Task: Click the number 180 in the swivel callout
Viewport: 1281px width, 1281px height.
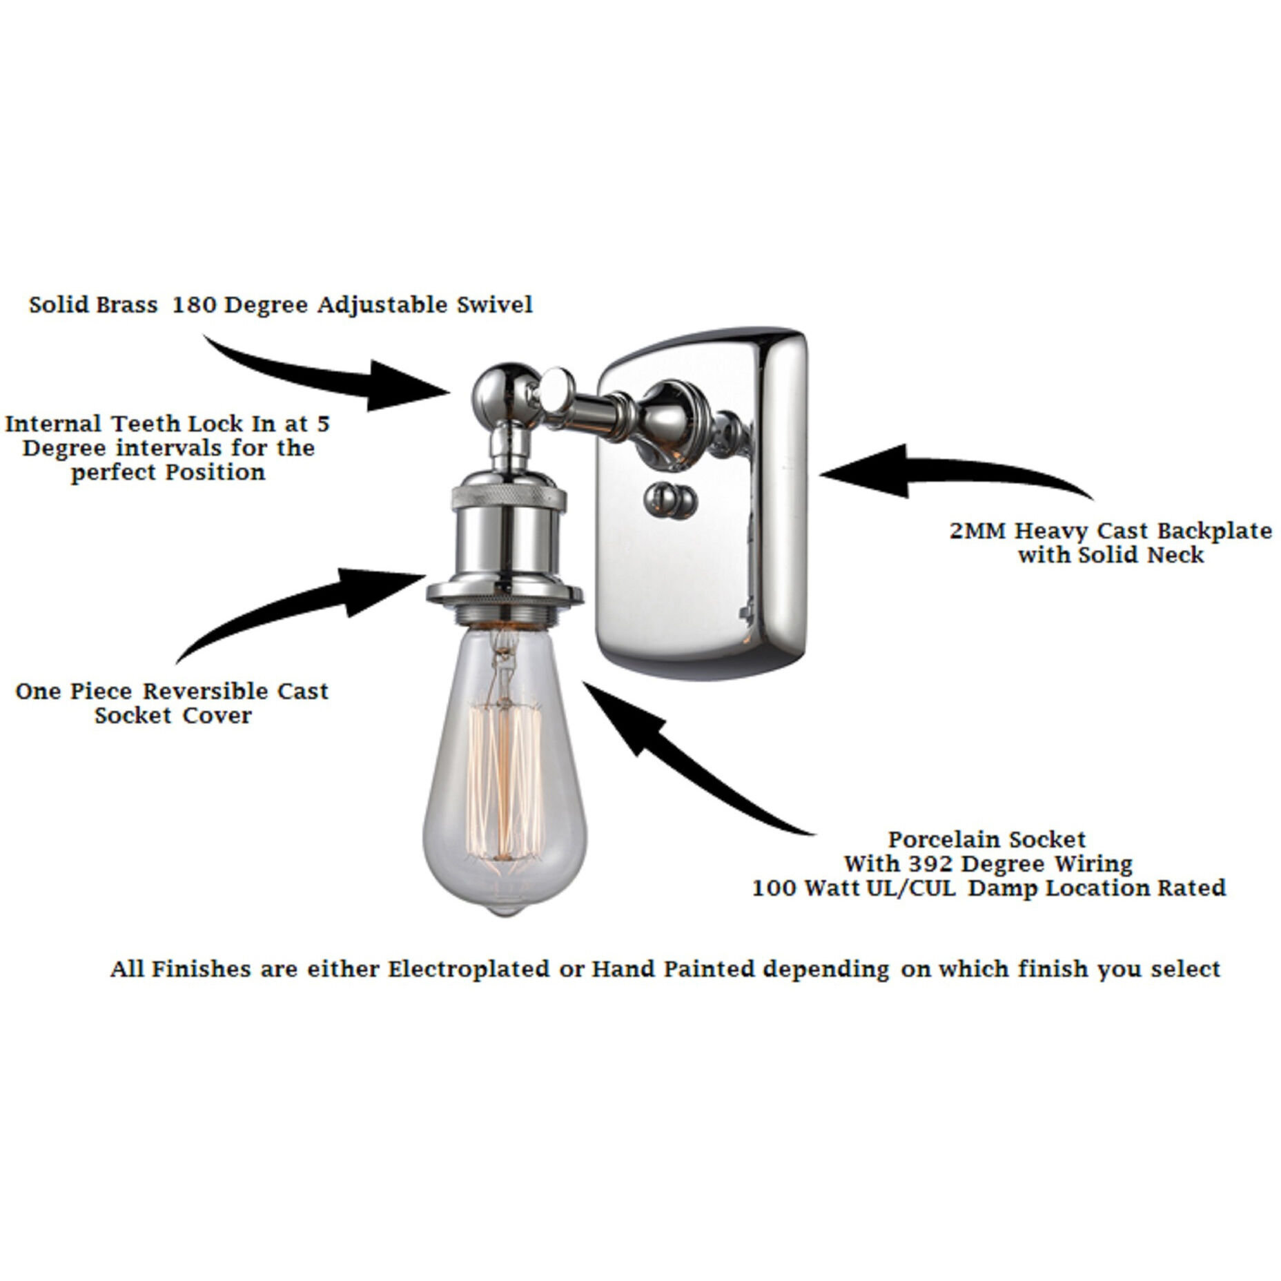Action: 194,304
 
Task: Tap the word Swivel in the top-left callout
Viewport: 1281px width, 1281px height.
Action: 495,304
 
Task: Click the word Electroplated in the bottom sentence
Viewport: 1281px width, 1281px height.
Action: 469,969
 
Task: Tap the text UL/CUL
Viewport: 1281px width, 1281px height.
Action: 915,888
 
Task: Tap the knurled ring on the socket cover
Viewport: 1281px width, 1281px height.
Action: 509,495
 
